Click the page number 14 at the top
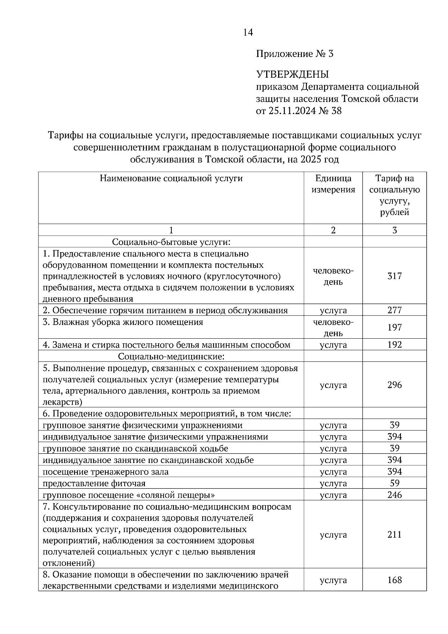[248, 32]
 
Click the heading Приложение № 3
[295, 54]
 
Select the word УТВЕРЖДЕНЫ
[292, 74]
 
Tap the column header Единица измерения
[333, 184]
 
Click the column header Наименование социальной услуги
[171, 178]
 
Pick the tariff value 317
[394, 276]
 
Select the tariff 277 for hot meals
[394, 310]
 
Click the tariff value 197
[394, 327]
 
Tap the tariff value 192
[394, 345]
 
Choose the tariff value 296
[394, 385]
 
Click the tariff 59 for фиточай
[394, 483]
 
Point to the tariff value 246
[394, 495]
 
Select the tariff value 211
[394, 535]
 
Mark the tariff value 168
[394, 580]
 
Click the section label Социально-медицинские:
[171, 356]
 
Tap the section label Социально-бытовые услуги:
[171, 242]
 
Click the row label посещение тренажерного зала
[105, 472]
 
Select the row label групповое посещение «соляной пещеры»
[129, 495]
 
